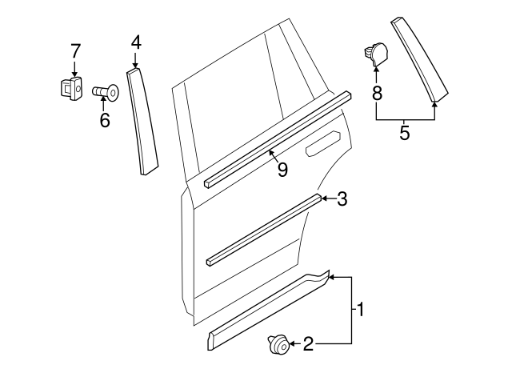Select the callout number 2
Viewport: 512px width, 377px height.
click(309, 345)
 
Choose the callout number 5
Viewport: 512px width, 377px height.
click(405, 133)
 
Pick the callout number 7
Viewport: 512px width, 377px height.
click(75, 51)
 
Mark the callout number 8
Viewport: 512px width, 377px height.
click(376, 93)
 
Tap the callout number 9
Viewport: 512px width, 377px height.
click(282, 169)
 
